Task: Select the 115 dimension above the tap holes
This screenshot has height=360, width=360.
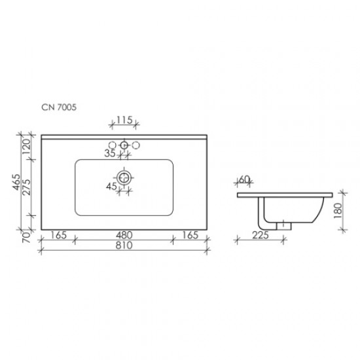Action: [124, 120]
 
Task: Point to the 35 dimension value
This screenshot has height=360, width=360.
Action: [110, 154]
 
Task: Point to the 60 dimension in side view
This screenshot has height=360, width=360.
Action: [244, 179]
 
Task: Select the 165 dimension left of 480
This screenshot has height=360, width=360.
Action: [58, 234]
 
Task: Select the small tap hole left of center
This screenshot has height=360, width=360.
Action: [112, 145]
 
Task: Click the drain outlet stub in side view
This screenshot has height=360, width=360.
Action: [283, 225]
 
